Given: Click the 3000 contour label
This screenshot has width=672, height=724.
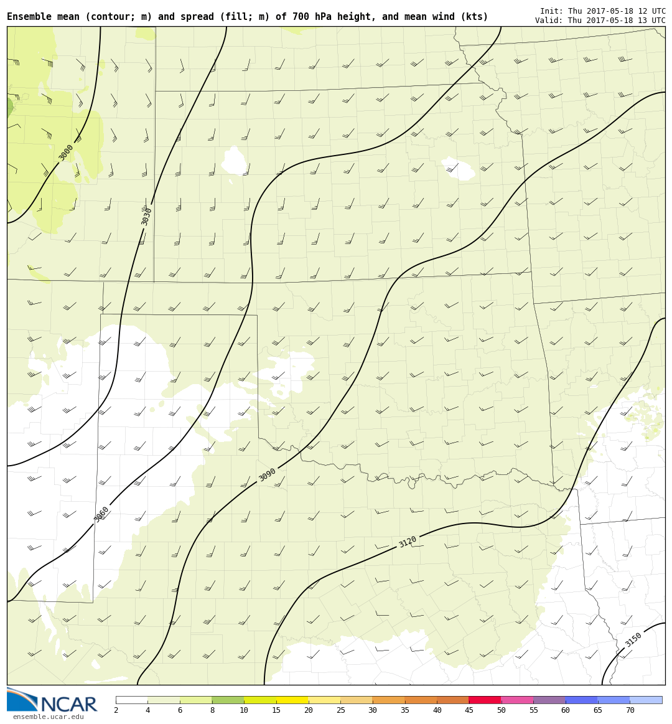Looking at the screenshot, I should click(x=66, y=153).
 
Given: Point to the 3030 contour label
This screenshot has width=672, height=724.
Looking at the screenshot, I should click(x=147, y=216).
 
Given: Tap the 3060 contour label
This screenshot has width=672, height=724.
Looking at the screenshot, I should click(x=101, y=514).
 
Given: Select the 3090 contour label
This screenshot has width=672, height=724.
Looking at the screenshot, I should click(x=268, y=475).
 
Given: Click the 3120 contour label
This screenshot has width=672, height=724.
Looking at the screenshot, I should click(x=408, y=542).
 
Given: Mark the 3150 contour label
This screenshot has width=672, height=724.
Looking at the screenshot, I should click(x=633, y=639).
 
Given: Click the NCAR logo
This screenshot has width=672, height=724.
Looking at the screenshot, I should click(x=52, y=702).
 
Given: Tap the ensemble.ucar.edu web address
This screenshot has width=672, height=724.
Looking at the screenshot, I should click(x=48, y=717).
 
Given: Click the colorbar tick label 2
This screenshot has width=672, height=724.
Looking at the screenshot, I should click(x=116, y=711).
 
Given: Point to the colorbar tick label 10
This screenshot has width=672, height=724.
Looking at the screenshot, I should click(x=244, y=711).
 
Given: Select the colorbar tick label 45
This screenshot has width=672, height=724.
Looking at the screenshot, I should click(x=469, y=711).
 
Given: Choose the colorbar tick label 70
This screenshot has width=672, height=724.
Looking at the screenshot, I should click(x=630, y=711).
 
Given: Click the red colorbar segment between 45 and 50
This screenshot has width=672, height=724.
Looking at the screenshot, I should click(x=485, y=700).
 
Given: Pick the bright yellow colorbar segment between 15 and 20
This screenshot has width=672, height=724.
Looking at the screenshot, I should click(x=292, y=700).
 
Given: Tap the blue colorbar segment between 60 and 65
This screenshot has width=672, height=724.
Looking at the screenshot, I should click(x=581, y=700).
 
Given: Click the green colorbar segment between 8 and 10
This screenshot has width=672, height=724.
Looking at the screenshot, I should click(x=228, y=700).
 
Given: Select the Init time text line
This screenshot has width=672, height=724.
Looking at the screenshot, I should click(x=602, y=11).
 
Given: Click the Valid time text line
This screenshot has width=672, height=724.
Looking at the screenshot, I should click(x=600, y=21).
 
